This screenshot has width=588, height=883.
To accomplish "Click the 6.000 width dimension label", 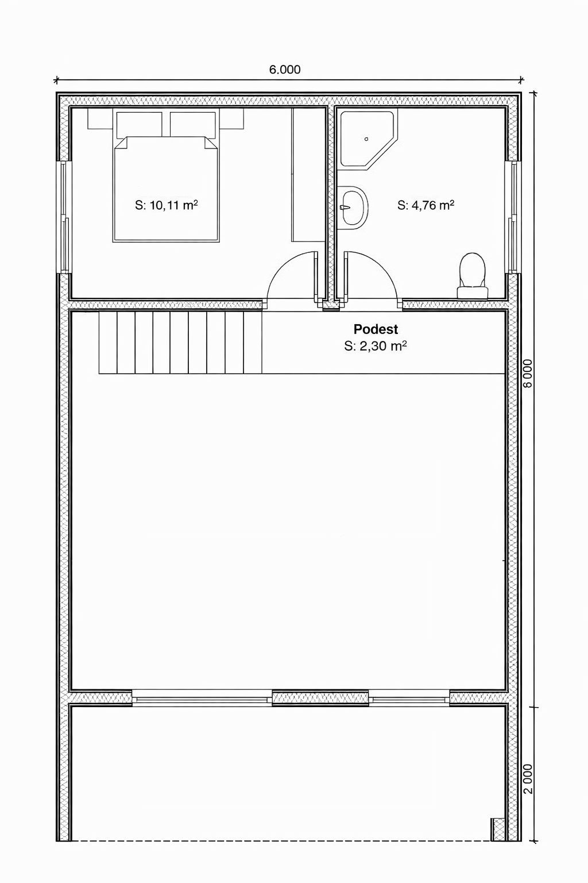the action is tap(285, 70).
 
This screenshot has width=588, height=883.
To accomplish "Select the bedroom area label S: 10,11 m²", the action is tap(166, 205).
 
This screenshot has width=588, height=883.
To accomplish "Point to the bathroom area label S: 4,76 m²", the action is tap(425, 205).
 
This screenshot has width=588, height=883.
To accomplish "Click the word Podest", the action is tap(376, 329).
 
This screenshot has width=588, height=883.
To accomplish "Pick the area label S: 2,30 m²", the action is tap(376, 345).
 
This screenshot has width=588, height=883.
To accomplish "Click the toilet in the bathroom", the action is tap(473, 276).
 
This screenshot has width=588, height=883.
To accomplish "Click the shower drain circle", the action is tap(366, 139).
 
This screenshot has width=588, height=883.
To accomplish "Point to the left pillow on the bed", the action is tap(139, 125).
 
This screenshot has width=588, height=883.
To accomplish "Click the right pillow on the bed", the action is tap(194, 125).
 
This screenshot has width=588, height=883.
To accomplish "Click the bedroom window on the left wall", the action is tap(64, 217).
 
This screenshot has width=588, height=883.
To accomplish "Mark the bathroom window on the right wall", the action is tap(513, 217).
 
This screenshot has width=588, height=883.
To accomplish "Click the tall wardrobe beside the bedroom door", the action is tap(308, 175).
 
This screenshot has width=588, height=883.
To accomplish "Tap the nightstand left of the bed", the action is tap(100, 118).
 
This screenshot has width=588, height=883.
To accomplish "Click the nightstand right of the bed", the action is tap(231, 118).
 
